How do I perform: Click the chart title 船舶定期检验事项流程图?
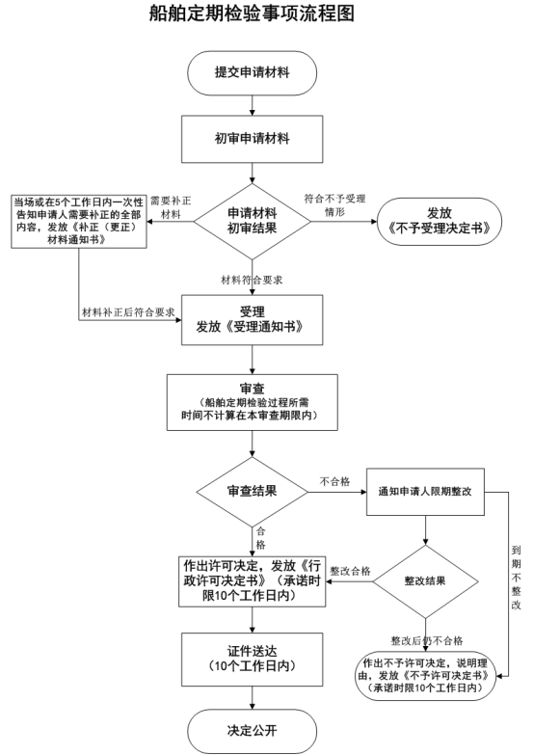(252, 13)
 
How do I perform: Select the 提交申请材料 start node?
(252, 73)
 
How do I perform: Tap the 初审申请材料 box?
(252, 139)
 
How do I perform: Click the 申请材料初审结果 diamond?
(252, 222)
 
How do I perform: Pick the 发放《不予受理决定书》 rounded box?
(440, 222)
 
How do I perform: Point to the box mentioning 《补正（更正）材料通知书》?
(79, 222)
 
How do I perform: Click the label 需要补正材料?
(171, 207)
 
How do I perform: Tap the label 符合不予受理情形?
(334, 205)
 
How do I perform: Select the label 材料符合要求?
(252, 280)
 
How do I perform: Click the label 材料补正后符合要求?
(128, 312)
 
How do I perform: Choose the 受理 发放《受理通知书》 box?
(252, 320)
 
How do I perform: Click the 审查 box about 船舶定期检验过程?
(252, 402)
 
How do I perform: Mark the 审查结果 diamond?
(252, 492)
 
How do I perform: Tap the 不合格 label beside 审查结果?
(334, 481)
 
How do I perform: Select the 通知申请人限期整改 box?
(425, 492)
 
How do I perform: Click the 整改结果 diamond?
(425, 581)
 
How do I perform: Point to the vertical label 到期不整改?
(517, 578)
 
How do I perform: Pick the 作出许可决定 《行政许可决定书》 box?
(252, 581)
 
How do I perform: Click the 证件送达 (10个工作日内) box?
(252, 660)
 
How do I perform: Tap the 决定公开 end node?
(252, 731)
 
